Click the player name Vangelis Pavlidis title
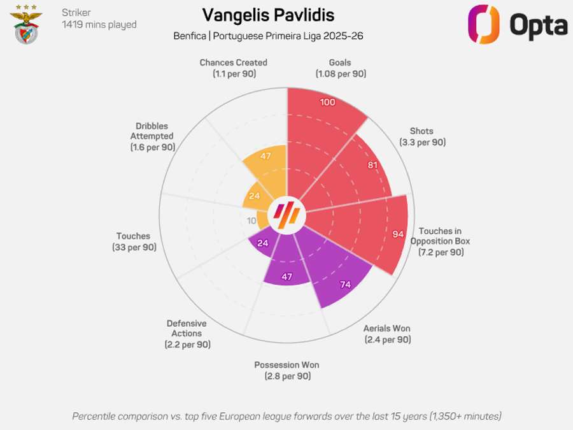point(268,15)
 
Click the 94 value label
point(398,234)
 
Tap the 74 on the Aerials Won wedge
point(346,285)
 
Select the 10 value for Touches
point(251,221)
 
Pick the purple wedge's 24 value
point(261,243)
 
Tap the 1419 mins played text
point(99,25)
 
